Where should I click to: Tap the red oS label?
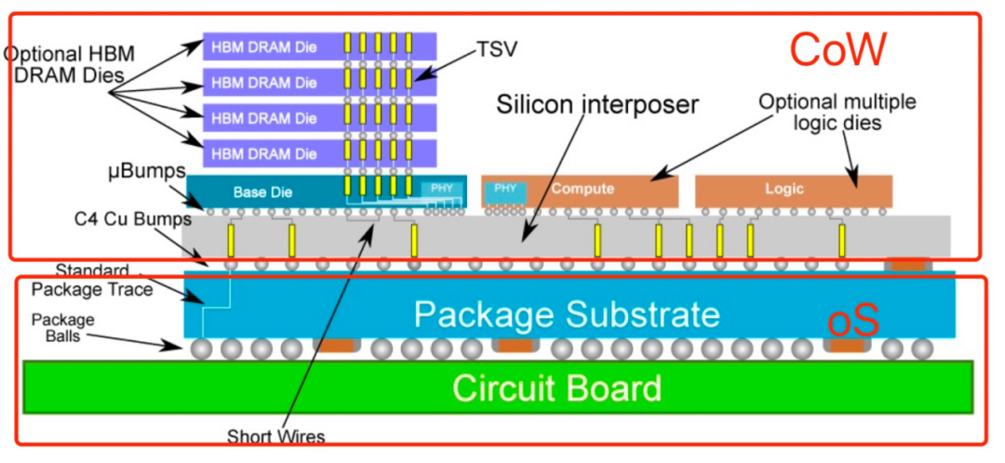853,321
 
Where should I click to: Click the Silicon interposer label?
597,104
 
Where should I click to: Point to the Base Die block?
262,192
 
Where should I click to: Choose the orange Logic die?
784,189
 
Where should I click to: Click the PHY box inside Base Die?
442,190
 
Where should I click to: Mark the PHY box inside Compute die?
505,189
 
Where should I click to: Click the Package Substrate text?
567,314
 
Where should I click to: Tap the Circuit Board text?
556,387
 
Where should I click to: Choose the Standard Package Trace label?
88,280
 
